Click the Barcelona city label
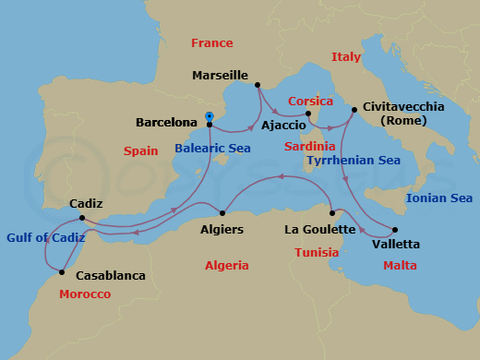(x=167, y=122)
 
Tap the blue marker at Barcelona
(x=210, y=116)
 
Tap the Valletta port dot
(x=395, y=230)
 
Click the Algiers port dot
(x=222, y=211)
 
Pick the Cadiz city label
(x=86, y=204)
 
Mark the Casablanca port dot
(x=61, y=271)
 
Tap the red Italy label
(x=346, y=57)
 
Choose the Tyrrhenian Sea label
(x=354, y=161)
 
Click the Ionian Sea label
(x=439, y=198)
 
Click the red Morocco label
(x=84, y=294)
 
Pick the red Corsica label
(x=310, y=101)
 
